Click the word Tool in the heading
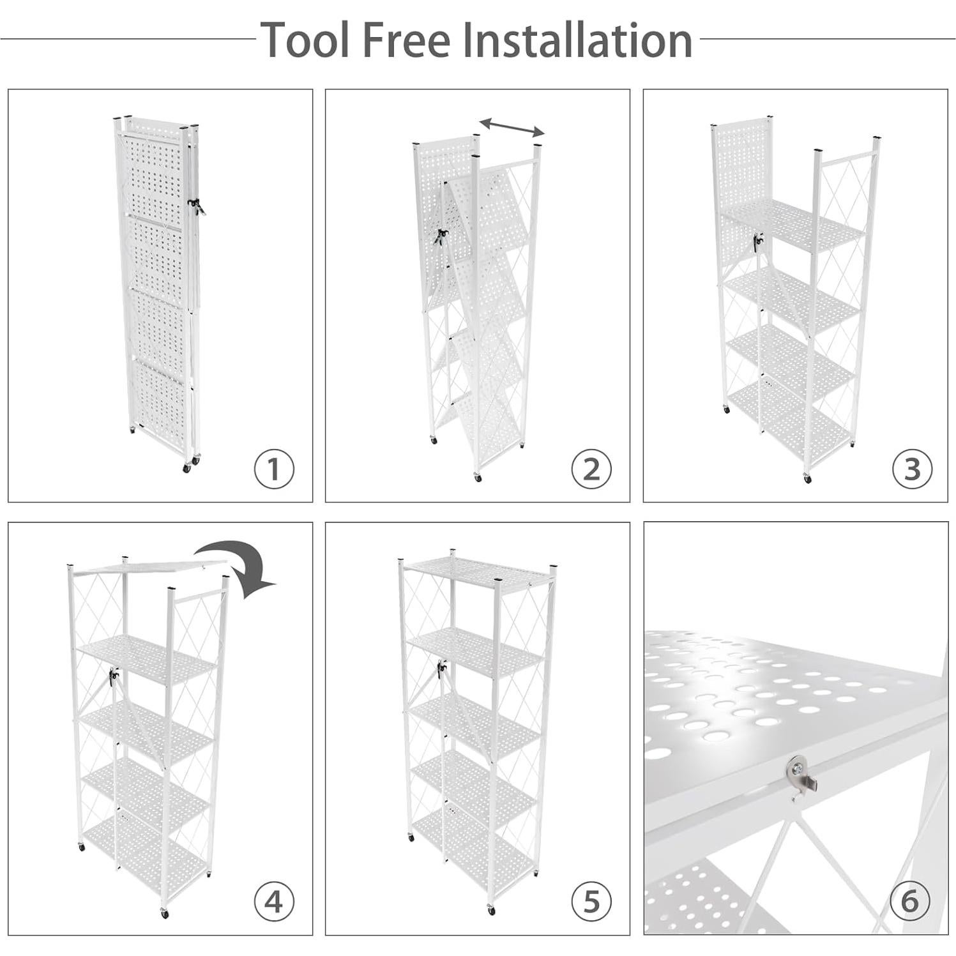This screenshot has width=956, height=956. (305, 40)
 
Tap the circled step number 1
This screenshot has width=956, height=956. (274, 469)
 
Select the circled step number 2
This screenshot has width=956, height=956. (591, 469)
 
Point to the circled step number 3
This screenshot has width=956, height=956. (911, 469)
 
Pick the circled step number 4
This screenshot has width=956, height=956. (274, 902)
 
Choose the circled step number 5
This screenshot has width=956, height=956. (591, 902)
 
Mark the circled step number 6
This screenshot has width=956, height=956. (909, 902)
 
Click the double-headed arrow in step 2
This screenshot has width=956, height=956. (512, 126)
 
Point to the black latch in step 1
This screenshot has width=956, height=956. (197, 206)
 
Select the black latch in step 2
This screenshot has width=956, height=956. (440, 236)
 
